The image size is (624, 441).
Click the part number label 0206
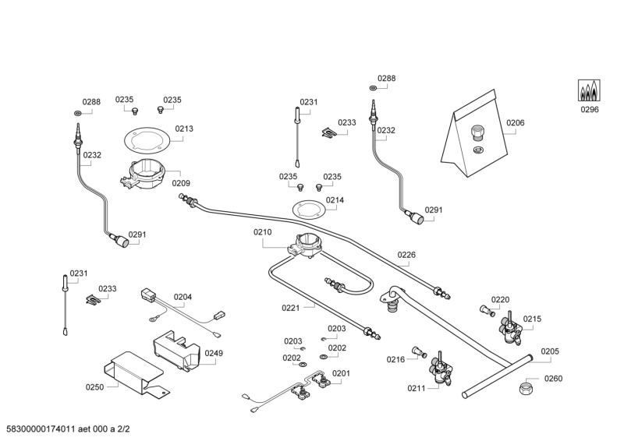515,122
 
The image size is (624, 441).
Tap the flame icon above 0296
589,91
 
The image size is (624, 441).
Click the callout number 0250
94,386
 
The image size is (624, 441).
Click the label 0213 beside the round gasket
184,129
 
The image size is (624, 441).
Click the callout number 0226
406,255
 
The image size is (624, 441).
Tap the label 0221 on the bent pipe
291,308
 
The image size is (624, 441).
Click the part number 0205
550,351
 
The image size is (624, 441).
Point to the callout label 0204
183,297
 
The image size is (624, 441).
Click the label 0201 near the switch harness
341,373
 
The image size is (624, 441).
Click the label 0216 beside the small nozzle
396,359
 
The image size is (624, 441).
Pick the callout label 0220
500,300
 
